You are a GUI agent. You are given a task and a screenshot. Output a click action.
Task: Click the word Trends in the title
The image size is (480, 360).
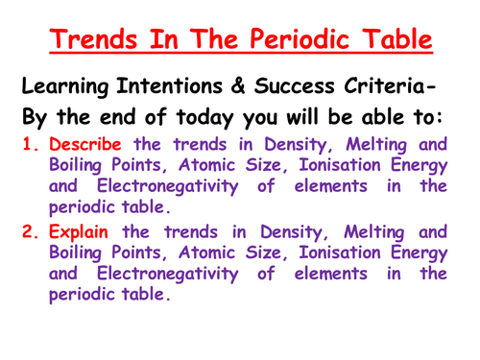(98, 41)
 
